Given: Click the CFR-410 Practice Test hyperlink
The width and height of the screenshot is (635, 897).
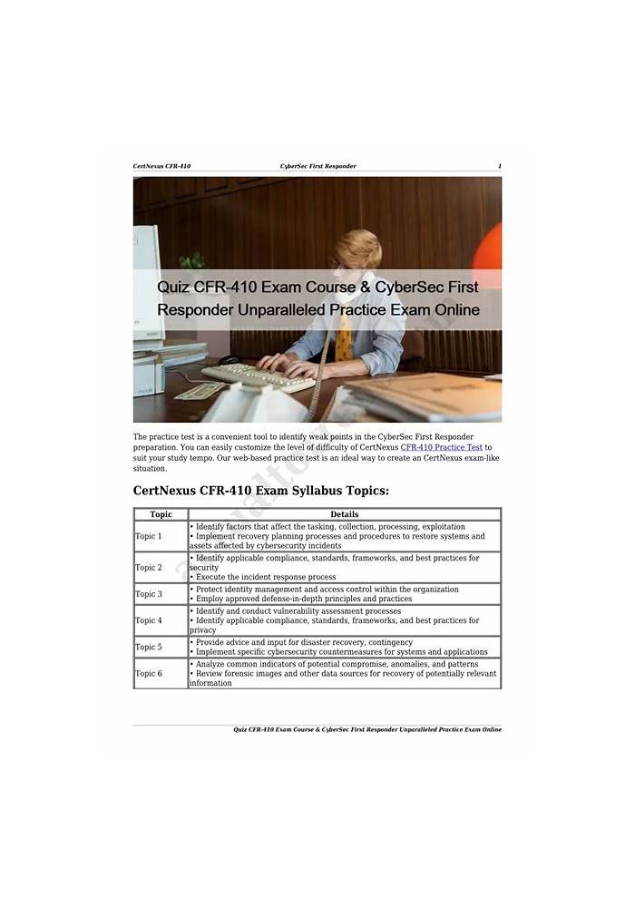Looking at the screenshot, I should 441,447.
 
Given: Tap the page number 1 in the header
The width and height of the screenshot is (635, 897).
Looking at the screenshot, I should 499,166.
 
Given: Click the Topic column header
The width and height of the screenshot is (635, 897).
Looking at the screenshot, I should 161,514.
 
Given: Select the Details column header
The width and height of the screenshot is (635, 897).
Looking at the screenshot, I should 344,514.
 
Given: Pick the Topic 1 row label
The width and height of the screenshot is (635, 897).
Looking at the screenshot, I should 148,536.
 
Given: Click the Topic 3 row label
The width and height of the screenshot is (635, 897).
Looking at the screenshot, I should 148,594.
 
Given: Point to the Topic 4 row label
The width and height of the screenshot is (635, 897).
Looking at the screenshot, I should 148,620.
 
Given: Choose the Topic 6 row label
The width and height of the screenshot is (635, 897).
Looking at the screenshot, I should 148,674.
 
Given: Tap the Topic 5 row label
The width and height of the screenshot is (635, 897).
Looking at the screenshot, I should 148,647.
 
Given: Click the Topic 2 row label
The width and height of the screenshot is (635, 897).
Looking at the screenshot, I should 148,568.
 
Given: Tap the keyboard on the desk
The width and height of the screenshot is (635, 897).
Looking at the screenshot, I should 259,375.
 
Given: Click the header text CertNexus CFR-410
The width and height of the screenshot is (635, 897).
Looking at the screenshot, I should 161,166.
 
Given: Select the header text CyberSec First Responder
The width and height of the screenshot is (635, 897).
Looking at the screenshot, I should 317,166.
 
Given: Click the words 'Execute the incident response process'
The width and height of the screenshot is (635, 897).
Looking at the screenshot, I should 265,577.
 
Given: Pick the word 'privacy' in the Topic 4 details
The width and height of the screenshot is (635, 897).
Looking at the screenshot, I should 203,630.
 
